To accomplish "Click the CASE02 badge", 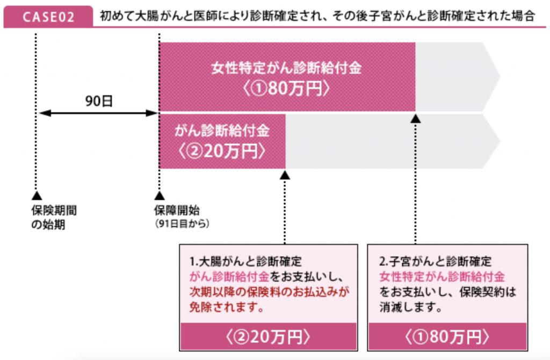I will point(49,17).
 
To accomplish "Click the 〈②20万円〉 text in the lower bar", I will point(222,151).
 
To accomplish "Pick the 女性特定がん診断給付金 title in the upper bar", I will point(286,69).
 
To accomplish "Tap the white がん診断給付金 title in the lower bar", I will point(222,131).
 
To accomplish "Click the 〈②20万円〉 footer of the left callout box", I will point(268,336).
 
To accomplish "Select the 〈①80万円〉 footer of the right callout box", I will point(447,336).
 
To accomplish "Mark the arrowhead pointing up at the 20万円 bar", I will point(285,175).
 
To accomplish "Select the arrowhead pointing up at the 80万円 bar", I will point(416,118).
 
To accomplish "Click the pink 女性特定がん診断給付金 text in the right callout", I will point(442,277).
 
